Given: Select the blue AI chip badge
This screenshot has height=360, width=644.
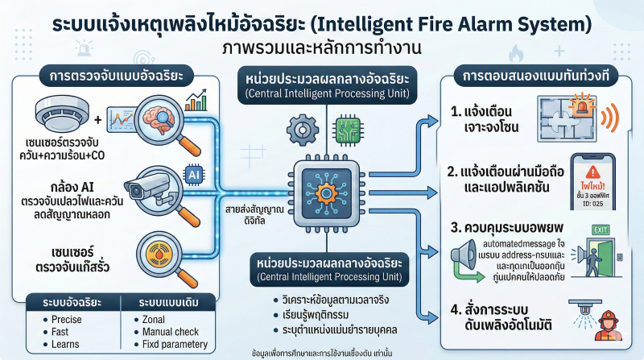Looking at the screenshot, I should pyautogui.click(x=195, y=173).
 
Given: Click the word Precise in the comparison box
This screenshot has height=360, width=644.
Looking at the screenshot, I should pyautogui.click(x=67, y=320).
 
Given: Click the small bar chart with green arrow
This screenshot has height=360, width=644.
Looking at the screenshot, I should pyautogui.click(x=196, y=101).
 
